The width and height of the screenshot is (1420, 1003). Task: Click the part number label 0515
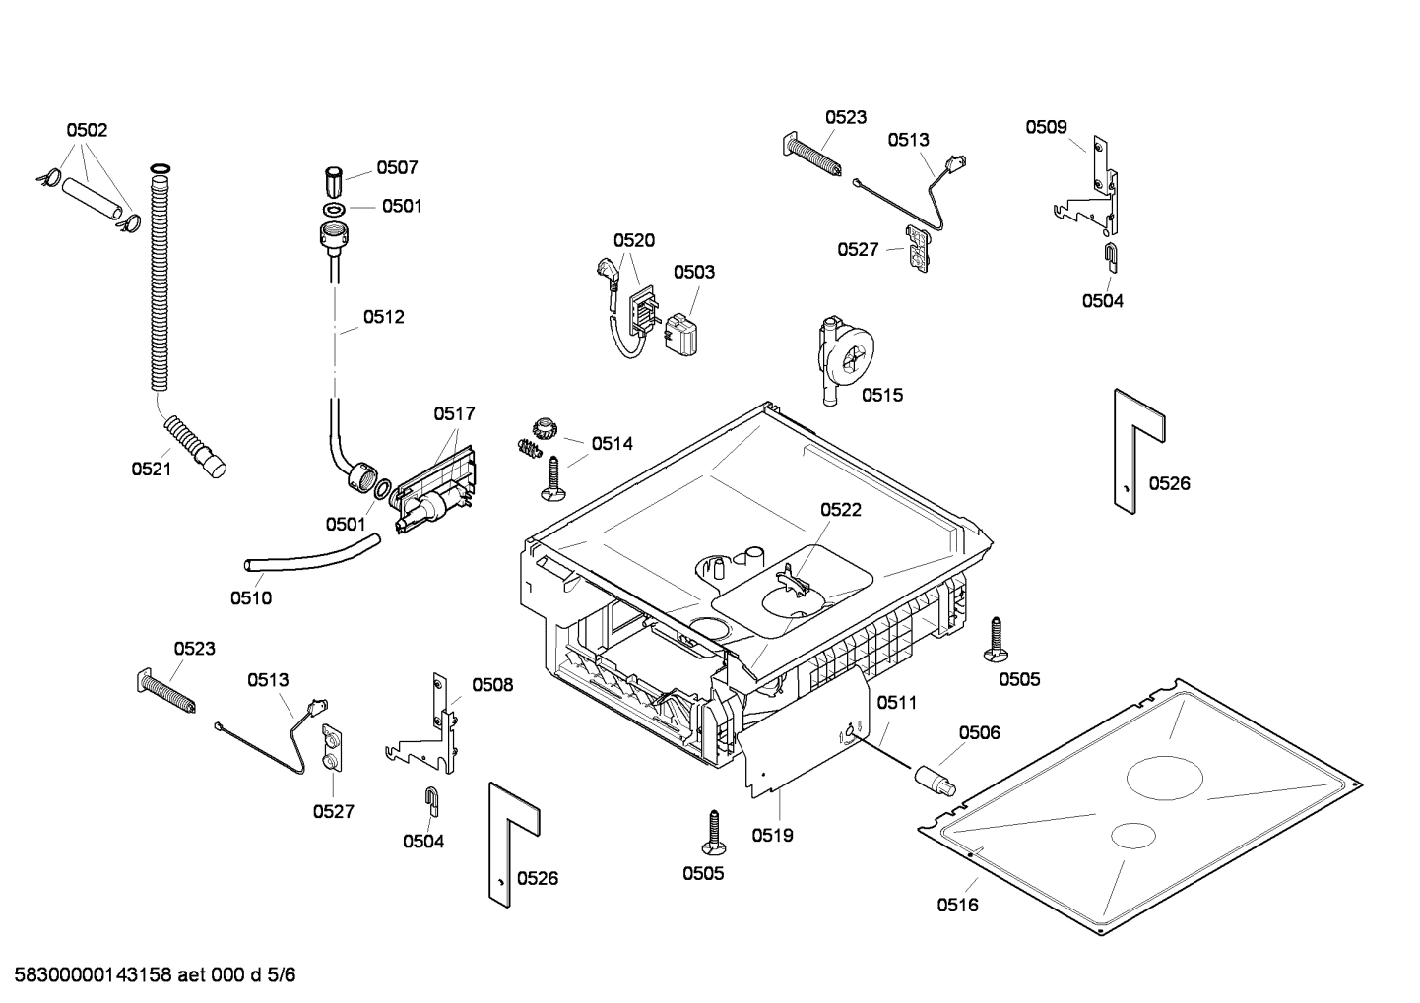(881, 395)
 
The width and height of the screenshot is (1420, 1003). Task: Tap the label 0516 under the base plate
(957, 905)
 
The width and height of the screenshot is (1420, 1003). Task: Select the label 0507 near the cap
(397, 168)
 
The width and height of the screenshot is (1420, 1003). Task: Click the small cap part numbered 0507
(334, 182)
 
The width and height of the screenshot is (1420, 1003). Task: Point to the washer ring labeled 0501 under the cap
(333, 209)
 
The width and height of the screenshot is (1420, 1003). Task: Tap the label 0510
(251, 597)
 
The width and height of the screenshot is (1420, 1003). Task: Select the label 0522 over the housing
(841, 509)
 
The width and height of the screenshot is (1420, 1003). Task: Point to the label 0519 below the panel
(772, 835)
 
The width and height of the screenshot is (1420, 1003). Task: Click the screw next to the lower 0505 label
(713, 832)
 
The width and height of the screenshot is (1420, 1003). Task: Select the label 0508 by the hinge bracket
(492, 685)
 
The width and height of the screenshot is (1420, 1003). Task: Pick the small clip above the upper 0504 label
(1109, 255)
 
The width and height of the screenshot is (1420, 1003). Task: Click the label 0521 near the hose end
(152, 469)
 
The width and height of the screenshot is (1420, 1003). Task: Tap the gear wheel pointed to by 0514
(545, 427)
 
